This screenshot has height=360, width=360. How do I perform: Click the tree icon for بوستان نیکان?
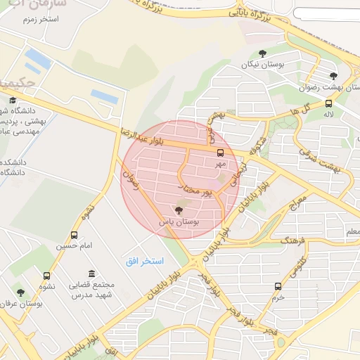coord(263,53)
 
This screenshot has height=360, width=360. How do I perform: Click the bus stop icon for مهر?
coord(221,152)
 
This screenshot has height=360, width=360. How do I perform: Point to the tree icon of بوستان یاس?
coord(177,210)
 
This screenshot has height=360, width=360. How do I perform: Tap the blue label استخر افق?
coord(144,261)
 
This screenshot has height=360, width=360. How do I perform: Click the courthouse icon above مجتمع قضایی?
coord(91,274)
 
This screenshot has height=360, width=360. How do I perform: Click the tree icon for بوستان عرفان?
coord(20,292)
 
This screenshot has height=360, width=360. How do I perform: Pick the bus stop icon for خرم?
coord(278,286)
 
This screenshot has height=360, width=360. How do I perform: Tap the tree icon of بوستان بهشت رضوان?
coord(333,76)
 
